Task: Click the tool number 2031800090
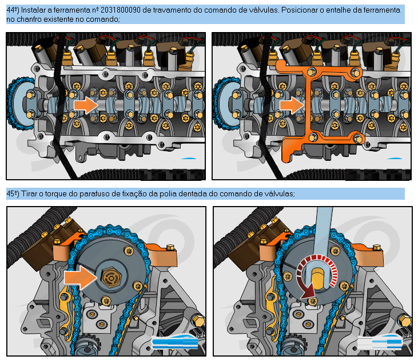(x=121, y=10)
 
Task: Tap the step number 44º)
(x=13, y=10)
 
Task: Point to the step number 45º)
(x=13, y=194)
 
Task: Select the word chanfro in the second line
(x=28, y=19)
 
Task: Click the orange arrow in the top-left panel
(x=86, y=105)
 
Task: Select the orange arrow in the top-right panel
(x=292, y=105)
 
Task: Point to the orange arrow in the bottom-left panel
(x=81, y=278)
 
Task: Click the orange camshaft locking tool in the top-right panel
(x=317, y=109)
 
